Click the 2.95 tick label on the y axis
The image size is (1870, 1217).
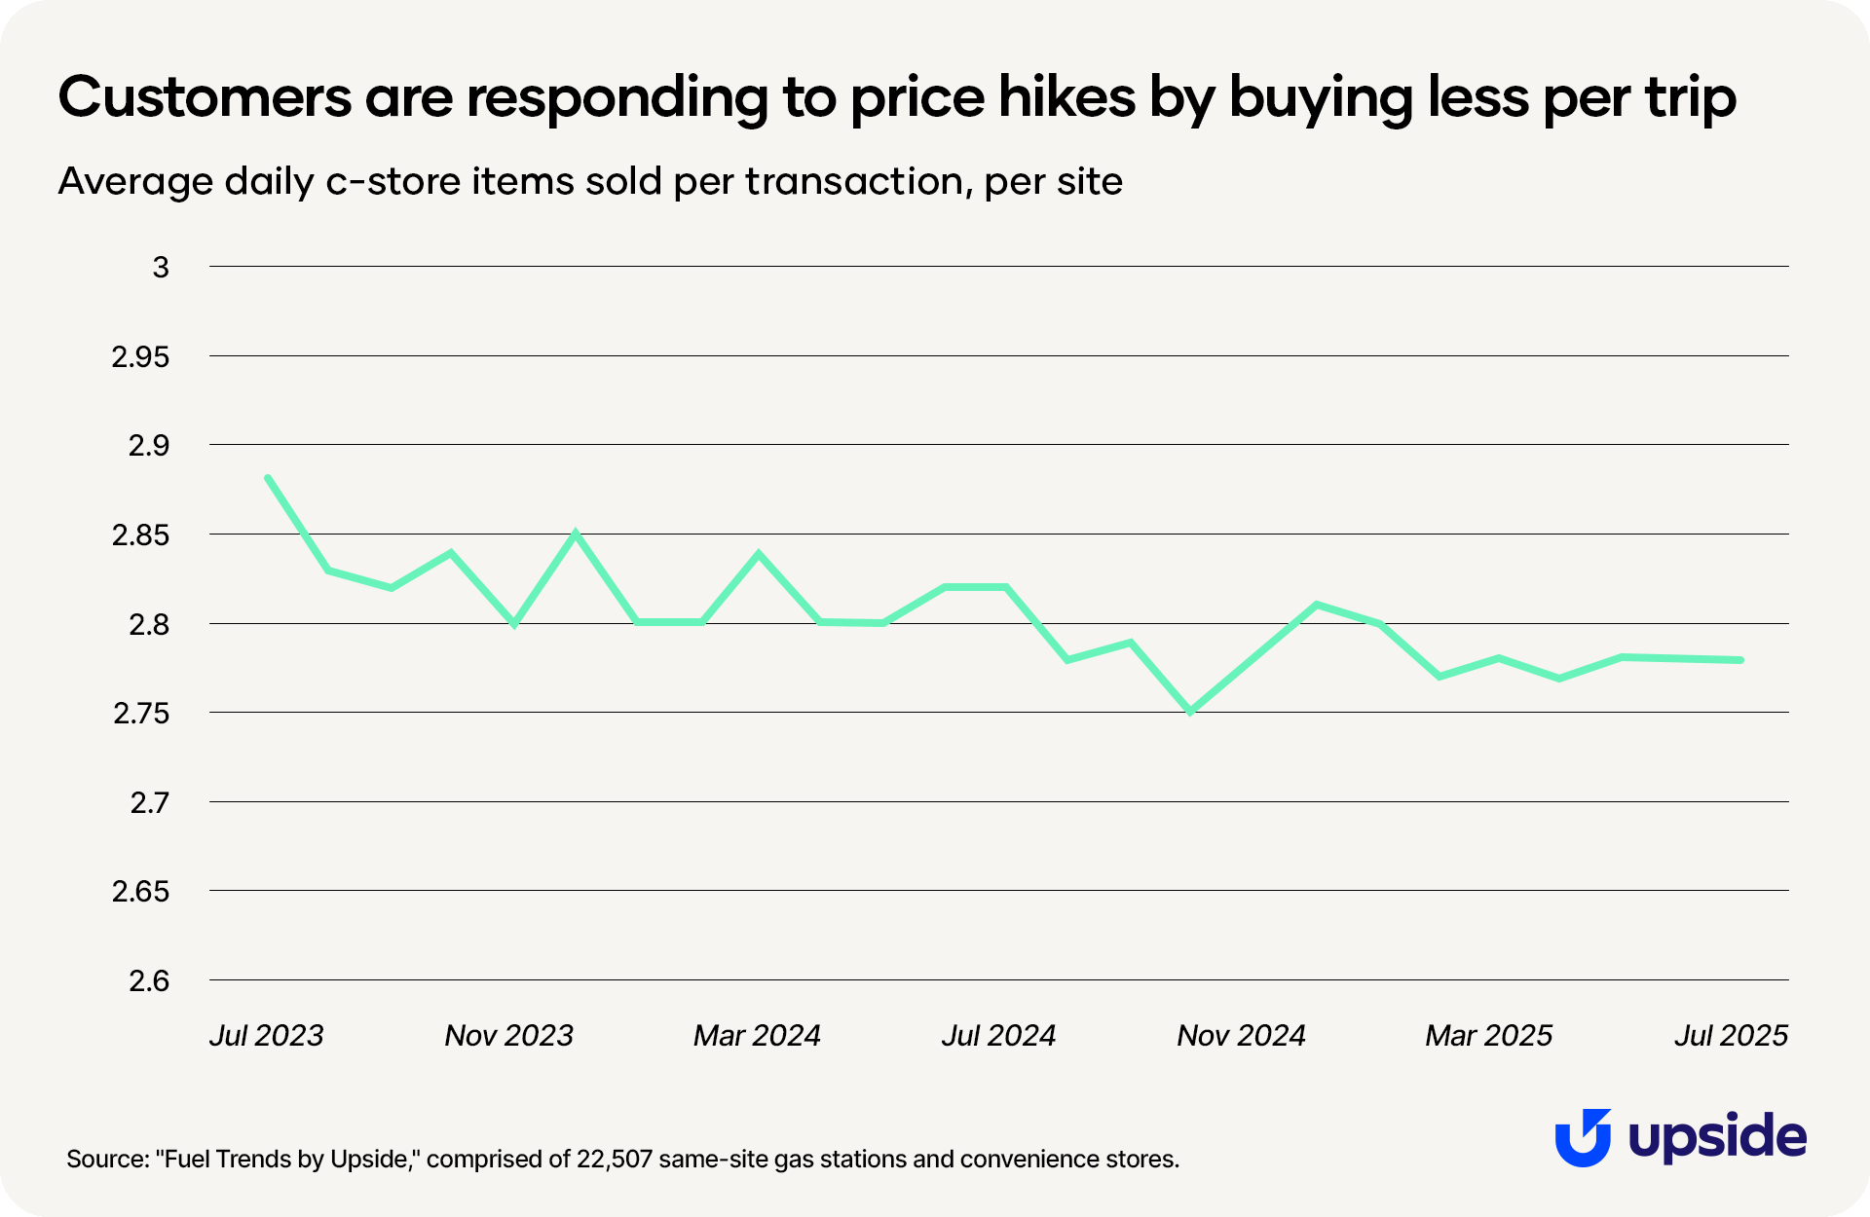(140, 357)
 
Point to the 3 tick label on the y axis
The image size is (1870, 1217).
(161, 268)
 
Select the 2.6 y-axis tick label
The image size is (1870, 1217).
(149, 981)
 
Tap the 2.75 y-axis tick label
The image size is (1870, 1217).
(140, 714)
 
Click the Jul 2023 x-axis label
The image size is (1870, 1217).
(266, 1035)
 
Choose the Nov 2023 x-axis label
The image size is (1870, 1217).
(508, 1035)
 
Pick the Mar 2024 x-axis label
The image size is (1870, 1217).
(757, 1035)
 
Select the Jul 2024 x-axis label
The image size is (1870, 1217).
(998, 1035)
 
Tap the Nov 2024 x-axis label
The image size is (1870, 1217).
(1241, 1035)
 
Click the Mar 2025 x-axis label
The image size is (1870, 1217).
(1488, 1035)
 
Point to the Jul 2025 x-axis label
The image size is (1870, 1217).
(1731, 1035)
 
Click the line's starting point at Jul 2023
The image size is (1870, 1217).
(268, 478)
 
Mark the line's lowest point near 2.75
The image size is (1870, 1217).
(1190, 712)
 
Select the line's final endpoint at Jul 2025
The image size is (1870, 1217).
(1739, 660)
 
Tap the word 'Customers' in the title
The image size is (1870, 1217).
(205, 97)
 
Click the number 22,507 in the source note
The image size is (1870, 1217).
(614, 1160)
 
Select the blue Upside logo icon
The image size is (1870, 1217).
(1583, 1137)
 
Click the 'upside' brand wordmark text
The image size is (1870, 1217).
(1717, 1137)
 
